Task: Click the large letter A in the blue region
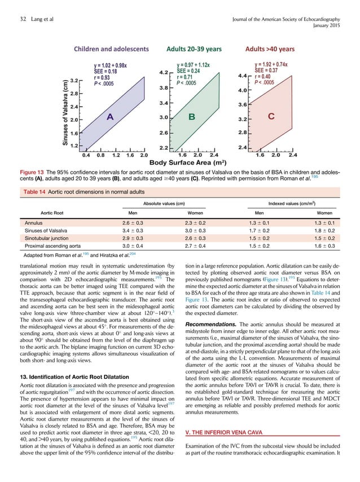pyautogui.click(x=111, y=117)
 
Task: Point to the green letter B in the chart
pyautogui.click(x=192, y=117)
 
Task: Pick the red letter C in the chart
pyautogui.click(x=271, y=117)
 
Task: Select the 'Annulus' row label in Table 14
pyautogui.click(x=36, y=223)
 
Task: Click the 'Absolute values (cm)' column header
pyautogui.click(x=164, y=203)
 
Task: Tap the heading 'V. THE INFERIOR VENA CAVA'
pyautogui.click(x=232, y=433)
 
